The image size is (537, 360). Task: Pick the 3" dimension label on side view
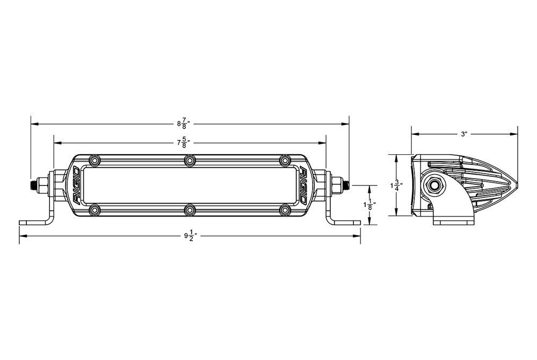coord(464,134)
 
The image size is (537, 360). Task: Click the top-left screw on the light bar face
coord(95,161)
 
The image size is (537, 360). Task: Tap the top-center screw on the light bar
coord(190,161)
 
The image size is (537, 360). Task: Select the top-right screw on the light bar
coord(285,161)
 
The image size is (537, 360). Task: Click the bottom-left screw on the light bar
coord(95,209)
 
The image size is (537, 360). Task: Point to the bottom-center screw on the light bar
coord(190,209)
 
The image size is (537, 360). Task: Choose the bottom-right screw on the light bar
coord(285,209)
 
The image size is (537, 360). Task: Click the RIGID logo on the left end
coord(77,185)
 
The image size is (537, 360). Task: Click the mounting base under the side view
coord(454,219)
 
